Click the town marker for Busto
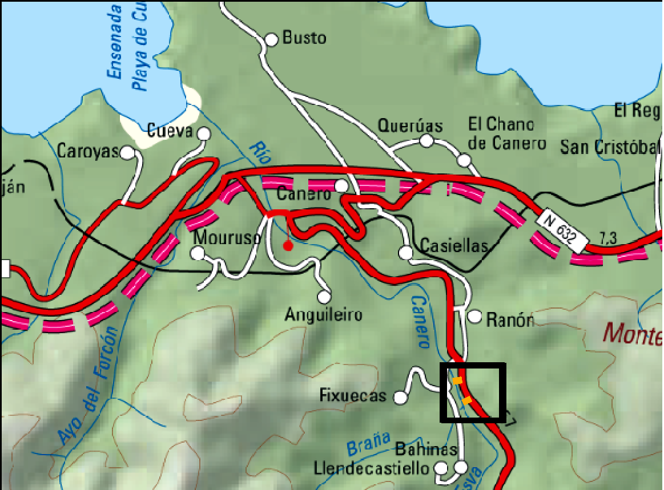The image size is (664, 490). (x=272, y=39)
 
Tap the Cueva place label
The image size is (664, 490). (x=170, y=131)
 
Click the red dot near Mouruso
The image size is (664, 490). (x=288, y=246)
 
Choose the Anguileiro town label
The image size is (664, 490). (x=324, y=314)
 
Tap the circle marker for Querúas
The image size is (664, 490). (x=426, y=140)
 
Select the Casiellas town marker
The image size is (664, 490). (x=406, y=252)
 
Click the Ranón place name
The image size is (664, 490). (x=510, y=320)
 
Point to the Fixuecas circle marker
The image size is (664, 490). (x=401, y=398)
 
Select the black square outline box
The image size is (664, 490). (x=473, y=392)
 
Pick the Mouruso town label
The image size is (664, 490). (x=227, y=237)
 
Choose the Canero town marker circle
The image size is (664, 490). (x=341, y=186)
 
